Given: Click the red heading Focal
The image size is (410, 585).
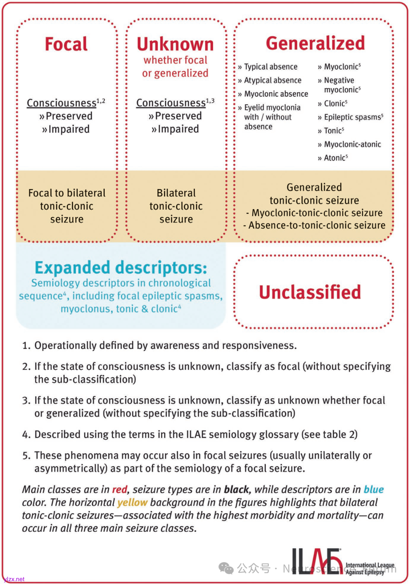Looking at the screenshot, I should tap(66, 44).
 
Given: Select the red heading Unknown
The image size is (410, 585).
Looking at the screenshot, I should tap(175, 44).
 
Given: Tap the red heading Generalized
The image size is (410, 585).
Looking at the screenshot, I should tap(315, 43).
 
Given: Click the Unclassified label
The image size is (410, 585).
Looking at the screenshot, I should tap(310, 292).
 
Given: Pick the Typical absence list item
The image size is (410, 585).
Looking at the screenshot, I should tap(270, 67).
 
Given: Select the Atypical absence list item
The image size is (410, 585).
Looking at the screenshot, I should tap(272, 80).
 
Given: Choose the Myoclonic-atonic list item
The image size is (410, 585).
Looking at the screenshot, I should tap(352, 144).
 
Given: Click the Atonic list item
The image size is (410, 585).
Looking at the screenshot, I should tap(335, 158).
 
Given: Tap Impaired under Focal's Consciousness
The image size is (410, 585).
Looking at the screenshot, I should tap(68, 129).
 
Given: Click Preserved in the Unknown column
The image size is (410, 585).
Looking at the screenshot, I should tap(178, 116).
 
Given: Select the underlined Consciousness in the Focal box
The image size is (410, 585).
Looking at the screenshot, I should tap(61, 103).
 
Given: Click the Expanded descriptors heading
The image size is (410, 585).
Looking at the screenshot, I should tap(121, 268).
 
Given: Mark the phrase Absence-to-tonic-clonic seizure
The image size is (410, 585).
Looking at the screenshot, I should tap(317, 225).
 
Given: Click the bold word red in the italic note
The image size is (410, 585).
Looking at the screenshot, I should tap(119, 490).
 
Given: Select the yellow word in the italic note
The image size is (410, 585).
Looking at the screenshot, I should tap(132, 503).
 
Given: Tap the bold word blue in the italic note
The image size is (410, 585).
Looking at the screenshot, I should tap(374, 490).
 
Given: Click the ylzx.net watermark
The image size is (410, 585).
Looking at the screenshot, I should tap(14, 579).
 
